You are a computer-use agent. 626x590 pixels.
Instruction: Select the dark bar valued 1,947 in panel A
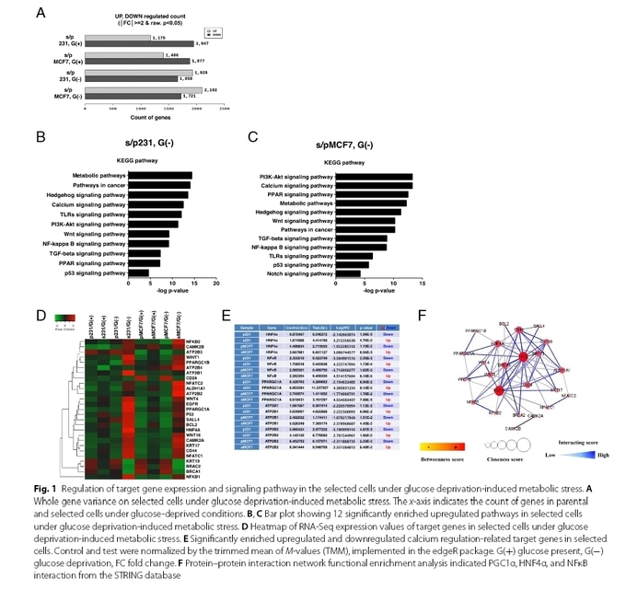[138, 43]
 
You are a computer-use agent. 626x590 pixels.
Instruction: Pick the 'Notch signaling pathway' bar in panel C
[349, 273]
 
